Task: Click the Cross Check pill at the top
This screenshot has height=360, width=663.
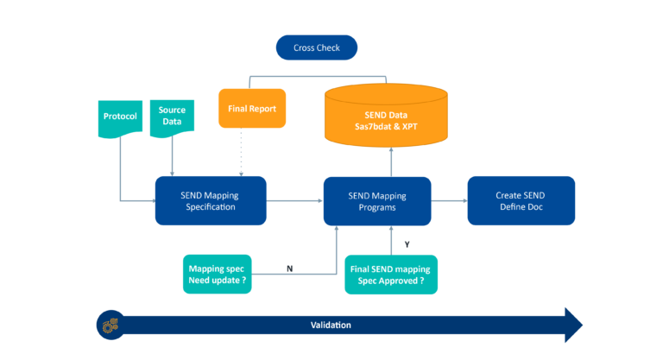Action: pyautogui.click(x=316, y=47)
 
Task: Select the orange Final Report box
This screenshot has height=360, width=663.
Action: pyautogui.click(x=251, y=109)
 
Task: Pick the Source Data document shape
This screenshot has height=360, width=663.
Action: pyautogui.click(x=172, y=117)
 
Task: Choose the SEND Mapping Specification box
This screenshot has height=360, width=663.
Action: pyautogui.click(x=210, y=201)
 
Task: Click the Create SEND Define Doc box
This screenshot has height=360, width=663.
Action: pyautogui.click(x=521, y=201)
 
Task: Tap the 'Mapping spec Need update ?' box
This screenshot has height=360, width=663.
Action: pyautogui.click(x=218, y=275)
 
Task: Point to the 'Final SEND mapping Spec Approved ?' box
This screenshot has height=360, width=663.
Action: pyautogui.click(x=391, y=275)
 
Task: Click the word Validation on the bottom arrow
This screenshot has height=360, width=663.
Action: pyautogui.click(x=331, y=325)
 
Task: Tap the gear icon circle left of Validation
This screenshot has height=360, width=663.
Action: pyautogui.click(x=110, y=325)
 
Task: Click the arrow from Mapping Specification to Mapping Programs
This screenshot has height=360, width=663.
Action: pyautogui.click(x=294, y=201)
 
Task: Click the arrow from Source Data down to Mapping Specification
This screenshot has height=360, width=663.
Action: pyautogui.click(x=173, y=155)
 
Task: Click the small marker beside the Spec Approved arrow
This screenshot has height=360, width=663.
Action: pyautogui.click(x=407, y=244)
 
